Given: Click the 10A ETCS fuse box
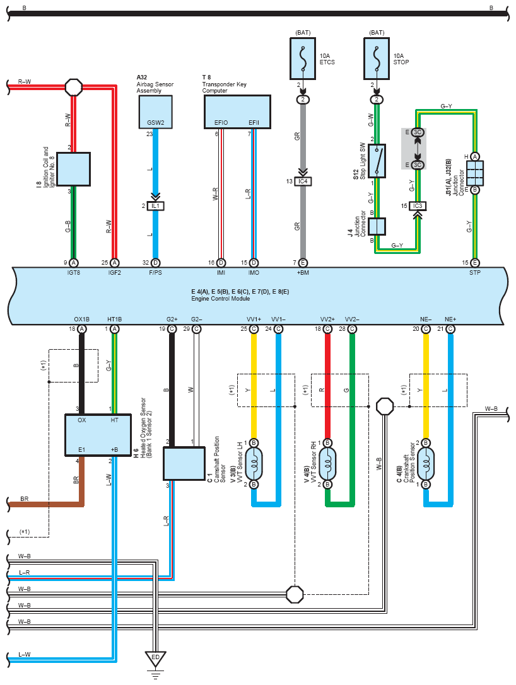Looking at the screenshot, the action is coord(303,59).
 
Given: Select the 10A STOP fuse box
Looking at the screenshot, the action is coord(377,59).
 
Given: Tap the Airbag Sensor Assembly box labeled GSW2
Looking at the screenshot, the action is coord(155,112).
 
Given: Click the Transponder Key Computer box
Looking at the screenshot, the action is coord(237,112).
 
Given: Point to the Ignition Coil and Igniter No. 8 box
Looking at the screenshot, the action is coord(73,169).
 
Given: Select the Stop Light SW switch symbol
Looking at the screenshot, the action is coord(377,161).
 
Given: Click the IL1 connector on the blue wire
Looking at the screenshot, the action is coord(155,206).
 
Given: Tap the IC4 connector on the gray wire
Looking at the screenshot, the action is coord(303,181).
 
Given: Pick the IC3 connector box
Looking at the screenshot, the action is coord(418,206).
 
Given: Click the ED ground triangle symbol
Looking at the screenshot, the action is coord(155,659).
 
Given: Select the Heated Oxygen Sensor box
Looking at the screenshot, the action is coord(98,435).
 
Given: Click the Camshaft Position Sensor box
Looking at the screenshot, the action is coord(184,464).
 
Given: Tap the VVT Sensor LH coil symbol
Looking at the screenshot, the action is coord(254,464).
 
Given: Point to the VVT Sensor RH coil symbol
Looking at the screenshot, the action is coord(327,464).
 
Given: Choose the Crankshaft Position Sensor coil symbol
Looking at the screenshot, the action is coord(426,464).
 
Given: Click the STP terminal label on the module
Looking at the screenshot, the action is coord(475,273).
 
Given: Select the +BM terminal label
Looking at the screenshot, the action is coord(303,273).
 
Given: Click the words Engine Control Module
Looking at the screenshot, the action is coord(220,298).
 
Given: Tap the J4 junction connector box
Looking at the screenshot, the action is coord(377,227).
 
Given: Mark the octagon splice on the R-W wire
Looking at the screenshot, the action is coord(73,87).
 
